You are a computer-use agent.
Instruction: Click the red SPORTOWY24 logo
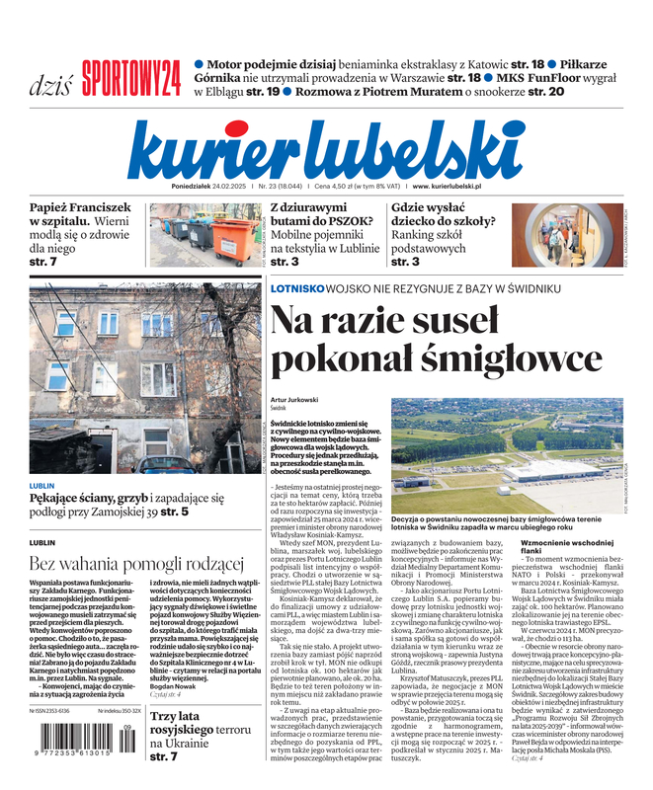130,76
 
